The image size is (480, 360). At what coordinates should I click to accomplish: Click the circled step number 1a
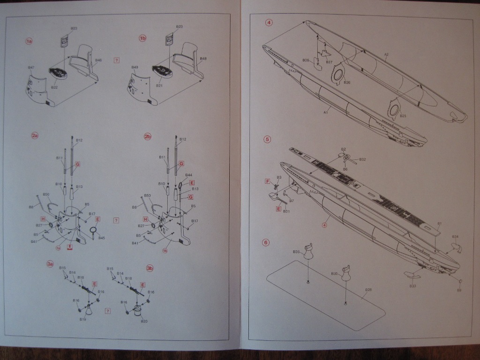(29, 42)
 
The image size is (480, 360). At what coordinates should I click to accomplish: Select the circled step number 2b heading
(148, 136)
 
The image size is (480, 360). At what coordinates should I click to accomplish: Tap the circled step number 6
(266, 242)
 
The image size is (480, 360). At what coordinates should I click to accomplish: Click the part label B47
(31, 67)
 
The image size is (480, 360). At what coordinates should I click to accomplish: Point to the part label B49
(135, 67)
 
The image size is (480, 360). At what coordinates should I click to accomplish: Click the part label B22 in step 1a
(54, 88)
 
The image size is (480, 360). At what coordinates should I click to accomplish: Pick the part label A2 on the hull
(386, 55)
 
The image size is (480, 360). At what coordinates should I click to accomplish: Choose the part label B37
(329, 62)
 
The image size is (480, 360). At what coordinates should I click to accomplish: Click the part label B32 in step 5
(362, 159)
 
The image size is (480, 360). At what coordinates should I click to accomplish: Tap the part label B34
(455, 237)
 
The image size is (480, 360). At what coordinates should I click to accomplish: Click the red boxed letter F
(268, 181)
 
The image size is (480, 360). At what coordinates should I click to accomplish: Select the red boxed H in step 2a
(43, 219)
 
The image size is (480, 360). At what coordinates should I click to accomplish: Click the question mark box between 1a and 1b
(117, 60)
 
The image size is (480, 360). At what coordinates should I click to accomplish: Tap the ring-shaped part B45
(93, 230)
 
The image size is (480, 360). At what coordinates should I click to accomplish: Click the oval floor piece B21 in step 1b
(161, 71)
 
